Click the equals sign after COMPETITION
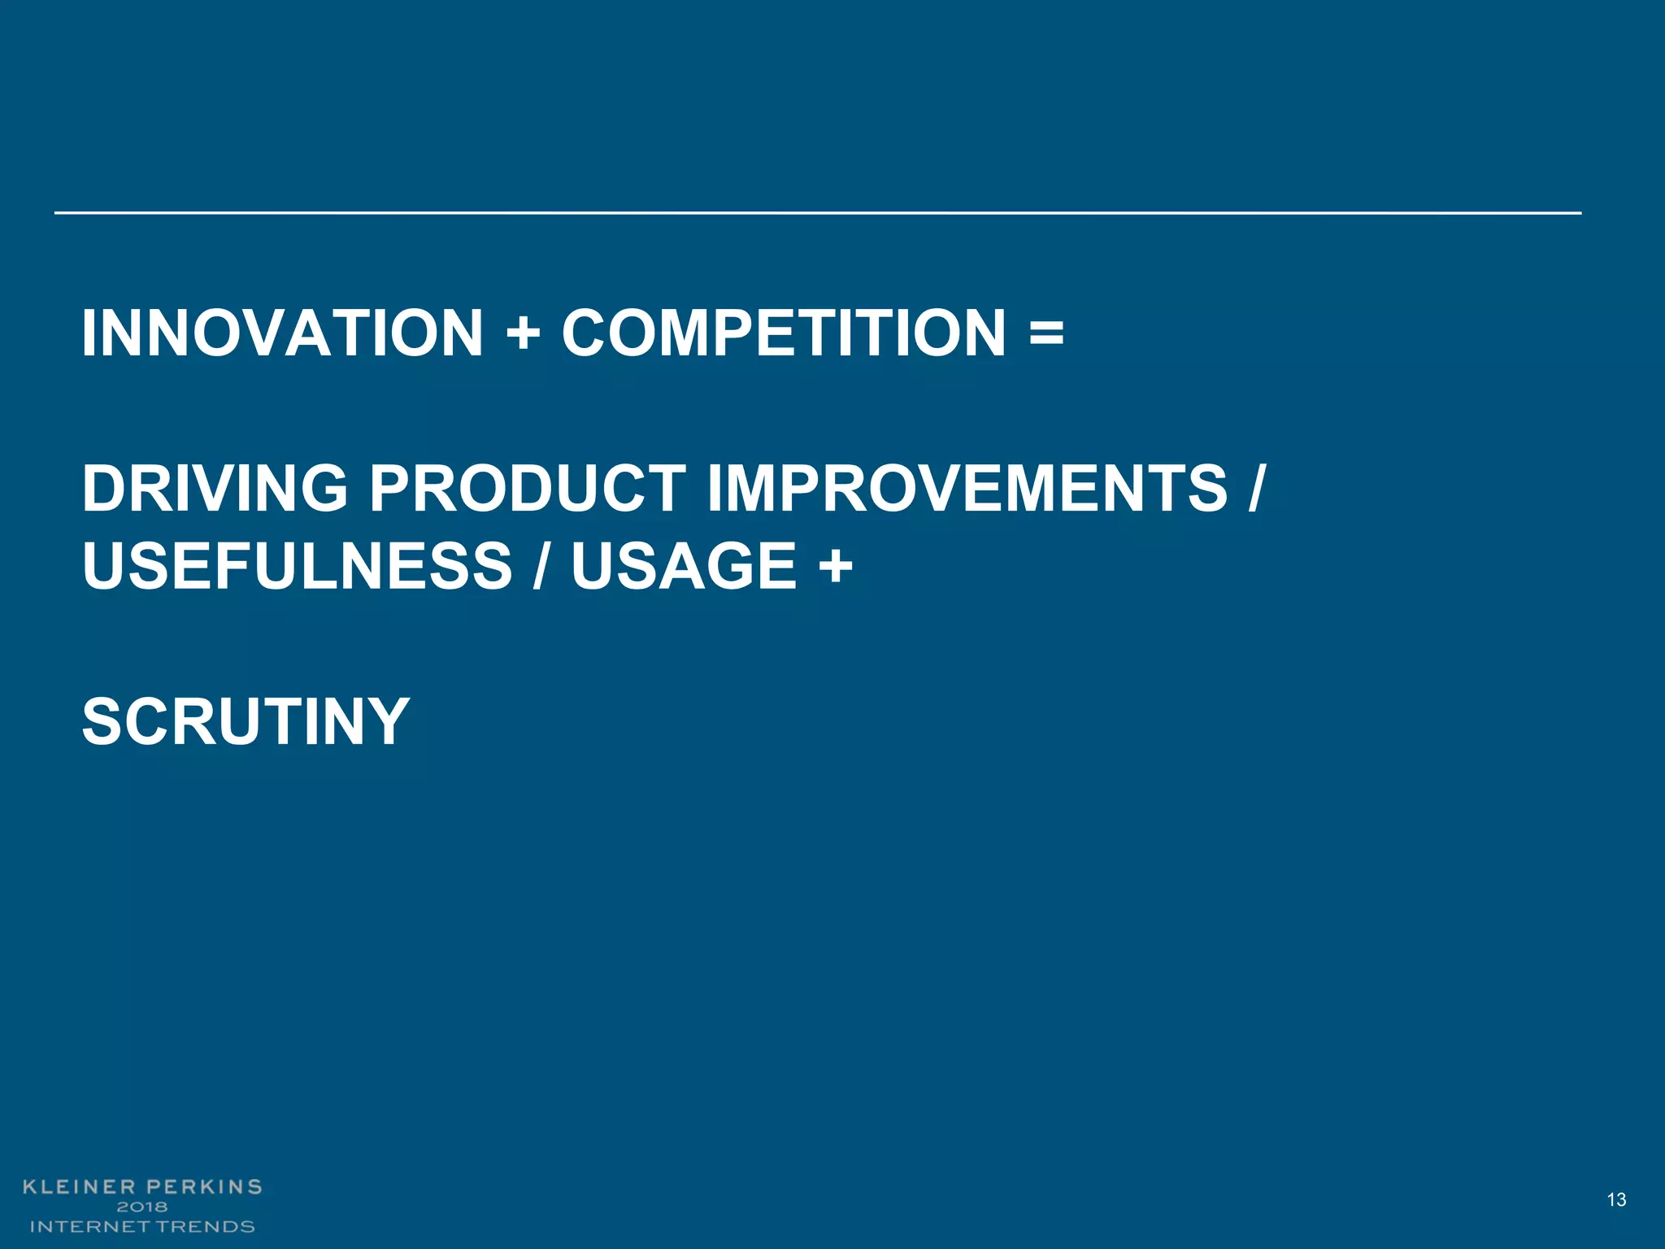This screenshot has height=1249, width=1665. point(1046,333)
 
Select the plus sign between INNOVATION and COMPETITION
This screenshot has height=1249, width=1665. point(523,334)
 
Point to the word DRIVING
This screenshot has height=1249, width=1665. point(215,488)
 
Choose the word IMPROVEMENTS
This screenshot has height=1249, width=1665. point(967,488)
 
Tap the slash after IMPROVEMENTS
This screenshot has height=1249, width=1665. point(1256,488)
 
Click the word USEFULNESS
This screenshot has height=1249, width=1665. point(298,565)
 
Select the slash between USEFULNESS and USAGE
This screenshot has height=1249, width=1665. point(541,565)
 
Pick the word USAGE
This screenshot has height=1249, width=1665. point(684,565)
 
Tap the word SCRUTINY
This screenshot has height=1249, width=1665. point(246,720)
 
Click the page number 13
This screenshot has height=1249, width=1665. point(1616,1199)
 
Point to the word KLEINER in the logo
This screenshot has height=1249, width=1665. point(78,1186)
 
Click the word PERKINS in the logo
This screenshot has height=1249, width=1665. point(204,1186)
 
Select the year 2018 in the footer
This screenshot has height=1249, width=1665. point(142,1207)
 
